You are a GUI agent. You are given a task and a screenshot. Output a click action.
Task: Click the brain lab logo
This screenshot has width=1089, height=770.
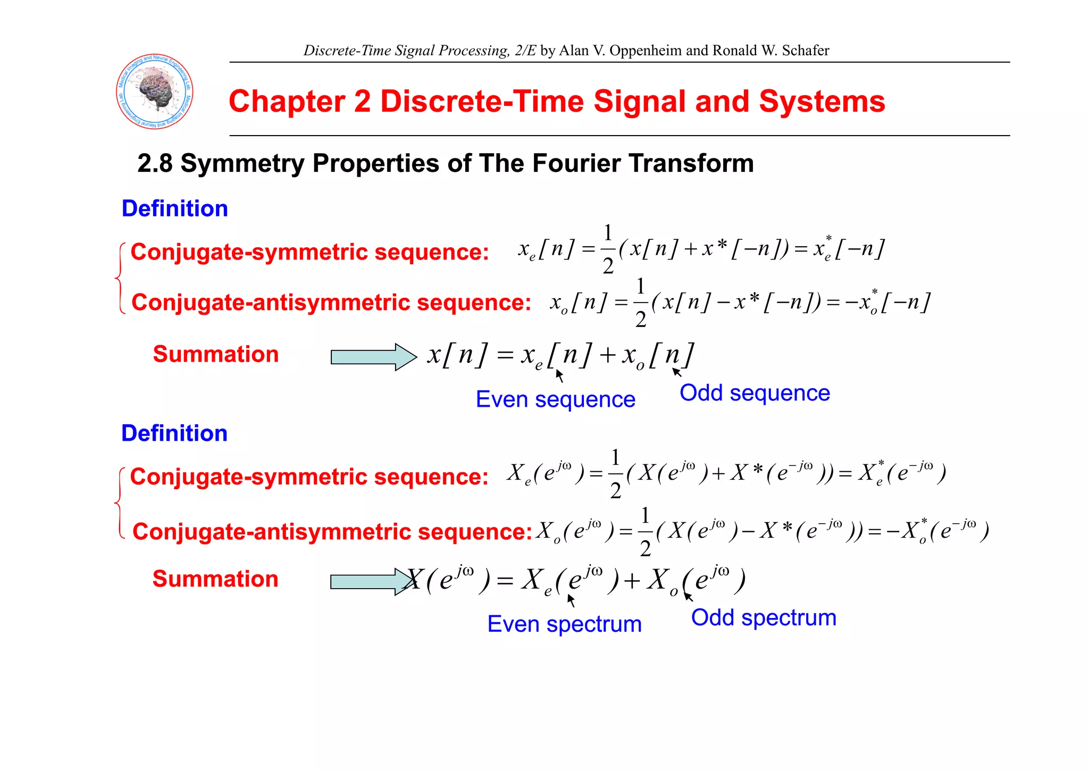155,91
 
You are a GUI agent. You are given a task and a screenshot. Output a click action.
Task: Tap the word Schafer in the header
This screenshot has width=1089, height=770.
805,51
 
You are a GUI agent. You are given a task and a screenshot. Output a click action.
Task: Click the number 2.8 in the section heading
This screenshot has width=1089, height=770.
155,163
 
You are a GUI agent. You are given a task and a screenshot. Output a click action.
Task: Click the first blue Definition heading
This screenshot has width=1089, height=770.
175,208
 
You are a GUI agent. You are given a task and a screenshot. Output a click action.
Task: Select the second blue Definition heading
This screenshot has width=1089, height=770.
174,433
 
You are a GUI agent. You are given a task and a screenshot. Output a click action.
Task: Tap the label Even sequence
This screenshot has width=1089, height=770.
556,399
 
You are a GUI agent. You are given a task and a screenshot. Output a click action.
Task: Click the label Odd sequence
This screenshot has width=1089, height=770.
755,393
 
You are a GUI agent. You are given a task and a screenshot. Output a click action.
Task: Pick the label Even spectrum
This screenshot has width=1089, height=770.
564,624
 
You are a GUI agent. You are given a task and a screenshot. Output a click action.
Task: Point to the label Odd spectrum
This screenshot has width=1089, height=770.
764,618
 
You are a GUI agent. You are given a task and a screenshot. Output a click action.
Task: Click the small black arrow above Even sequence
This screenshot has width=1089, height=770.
559,375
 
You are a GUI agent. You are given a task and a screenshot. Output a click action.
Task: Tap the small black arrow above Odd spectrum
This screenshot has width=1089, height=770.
689,597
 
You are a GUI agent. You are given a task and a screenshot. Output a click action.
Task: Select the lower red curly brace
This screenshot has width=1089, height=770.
120,503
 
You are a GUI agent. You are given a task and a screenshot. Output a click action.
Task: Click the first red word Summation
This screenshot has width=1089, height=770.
216,354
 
